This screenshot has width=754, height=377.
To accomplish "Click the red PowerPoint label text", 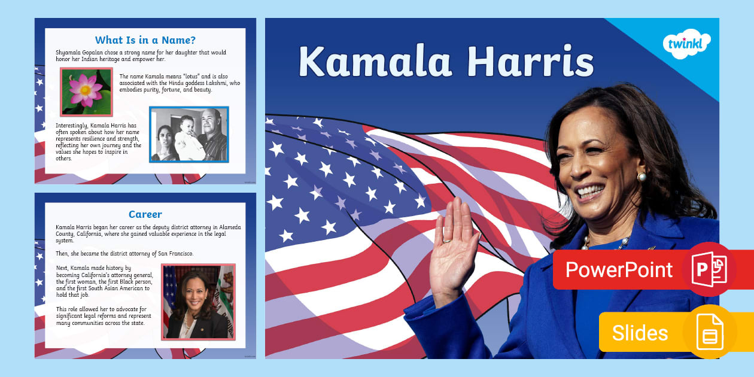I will pos(619,270).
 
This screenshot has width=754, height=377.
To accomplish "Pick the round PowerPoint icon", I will pos(710,269).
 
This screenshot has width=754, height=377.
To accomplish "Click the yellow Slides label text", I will pos(640,333).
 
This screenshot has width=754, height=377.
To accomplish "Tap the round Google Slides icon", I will pos(710,332).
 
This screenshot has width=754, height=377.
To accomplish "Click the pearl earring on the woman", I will pos(643,177).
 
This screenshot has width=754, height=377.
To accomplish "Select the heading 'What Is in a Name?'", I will pos(145,41).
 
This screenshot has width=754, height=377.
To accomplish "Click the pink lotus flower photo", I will pos(86,91).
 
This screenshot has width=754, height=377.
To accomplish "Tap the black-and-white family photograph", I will pos(189,135).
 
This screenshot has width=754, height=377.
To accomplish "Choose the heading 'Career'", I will pos(145,214).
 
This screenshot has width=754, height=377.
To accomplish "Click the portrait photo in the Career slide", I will pos(198,302).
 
